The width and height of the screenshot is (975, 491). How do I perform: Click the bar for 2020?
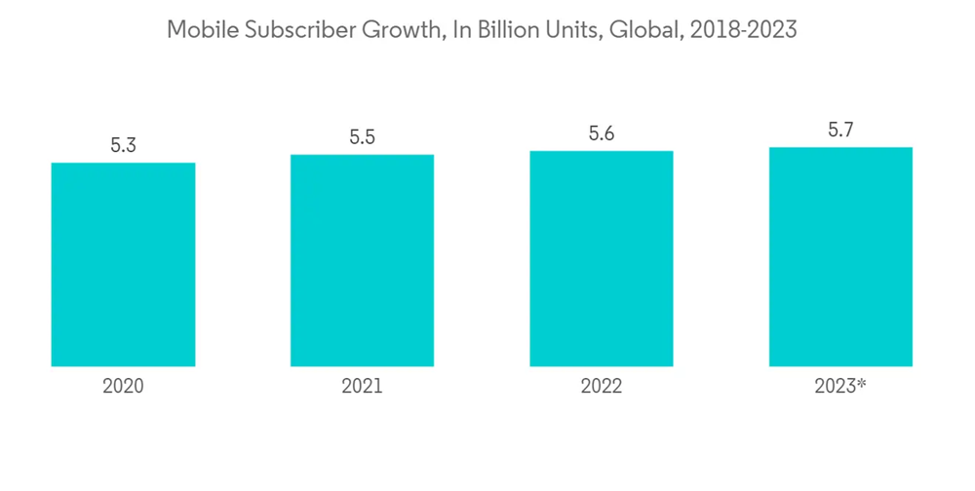(x=123, y=264)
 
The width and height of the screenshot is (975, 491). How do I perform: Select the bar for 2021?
(x=362, y=260)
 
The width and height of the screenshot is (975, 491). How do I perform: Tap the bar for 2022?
(x=601, y=258)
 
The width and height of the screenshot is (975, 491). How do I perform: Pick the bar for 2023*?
(x=840, y=256)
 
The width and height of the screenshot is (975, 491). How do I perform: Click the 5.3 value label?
(x=123, y=146)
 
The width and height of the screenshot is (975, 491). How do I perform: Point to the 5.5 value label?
(x=362, y=137)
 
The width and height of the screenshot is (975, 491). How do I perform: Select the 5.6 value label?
(x=601, y=134)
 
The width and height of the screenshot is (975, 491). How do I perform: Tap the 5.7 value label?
(x=840, y=131)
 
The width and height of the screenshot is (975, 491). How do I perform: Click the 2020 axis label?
(x=123, y=387)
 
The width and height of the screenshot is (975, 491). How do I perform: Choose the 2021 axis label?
(x=362, y=387)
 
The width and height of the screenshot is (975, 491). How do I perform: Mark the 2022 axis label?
(x=601, y=387)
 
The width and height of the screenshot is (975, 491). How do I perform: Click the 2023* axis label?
(x=839, y=387)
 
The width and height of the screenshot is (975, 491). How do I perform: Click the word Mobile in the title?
(x=200, y=30)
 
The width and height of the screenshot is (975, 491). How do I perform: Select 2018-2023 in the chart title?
(x=743, y=30)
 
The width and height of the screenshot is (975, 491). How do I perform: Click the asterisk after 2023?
(x=862, y=383)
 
